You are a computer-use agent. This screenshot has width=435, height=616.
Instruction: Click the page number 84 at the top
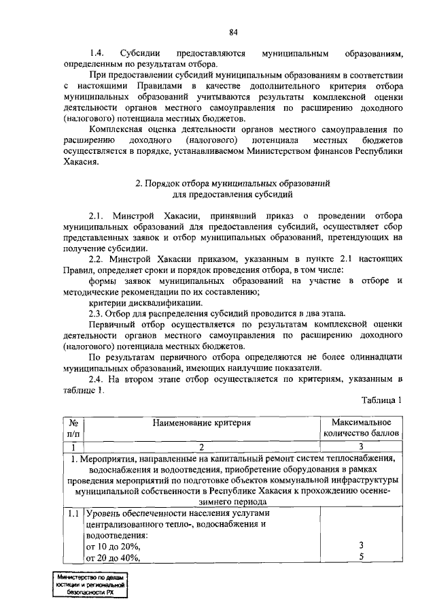click(233, 32)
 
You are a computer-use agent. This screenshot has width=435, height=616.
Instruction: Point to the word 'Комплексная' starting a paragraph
click(116, 129)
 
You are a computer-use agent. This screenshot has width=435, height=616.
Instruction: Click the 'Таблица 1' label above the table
click(381, 400)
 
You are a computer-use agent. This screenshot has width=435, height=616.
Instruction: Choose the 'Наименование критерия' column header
click(202, 423)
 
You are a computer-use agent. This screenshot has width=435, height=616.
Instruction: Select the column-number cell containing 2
click(202, 447)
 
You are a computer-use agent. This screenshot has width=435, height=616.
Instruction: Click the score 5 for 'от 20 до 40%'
click(361, 557)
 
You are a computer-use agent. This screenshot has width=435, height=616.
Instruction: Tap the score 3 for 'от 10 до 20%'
click(361, 545)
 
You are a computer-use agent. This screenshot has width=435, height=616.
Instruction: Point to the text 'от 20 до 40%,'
click(113, 558)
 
